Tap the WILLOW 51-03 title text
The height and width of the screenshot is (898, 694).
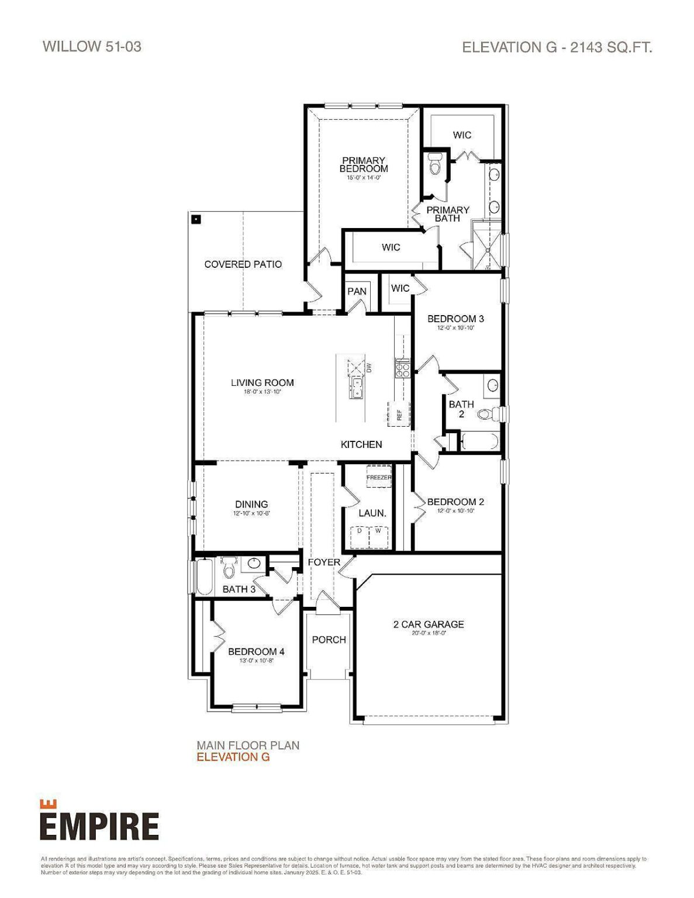pos(92,47)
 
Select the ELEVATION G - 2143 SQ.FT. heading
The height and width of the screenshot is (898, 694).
pos(557,47)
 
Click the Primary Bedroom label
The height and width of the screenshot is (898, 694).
pos(364,164)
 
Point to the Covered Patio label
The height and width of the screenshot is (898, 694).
pos(243,264)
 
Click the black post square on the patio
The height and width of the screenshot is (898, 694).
pos(197,220)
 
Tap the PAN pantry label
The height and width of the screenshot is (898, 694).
pos(357,291)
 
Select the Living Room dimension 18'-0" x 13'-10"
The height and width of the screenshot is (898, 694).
pos(263,392)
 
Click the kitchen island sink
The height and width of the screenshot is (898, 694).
pos(356,388)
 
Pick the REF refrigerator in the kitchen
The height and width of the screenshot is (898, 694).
pos(399,415)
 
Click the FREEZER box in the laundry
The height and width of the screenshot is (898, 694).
pos(378,478)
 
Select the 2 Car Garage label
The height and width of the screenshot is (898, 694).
pos(428,624)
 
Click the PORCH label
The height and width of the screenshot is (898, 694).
pos(329,640)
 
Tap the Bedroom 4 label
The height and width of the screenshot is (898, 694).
pos(256,651)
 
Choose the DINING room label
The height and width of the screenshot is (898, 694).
pos(251,504)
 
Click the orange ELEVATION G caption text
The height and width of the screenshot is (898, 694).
pos(233,757)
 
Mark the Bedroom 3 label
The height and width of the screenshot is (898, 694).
pos(455,319)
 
